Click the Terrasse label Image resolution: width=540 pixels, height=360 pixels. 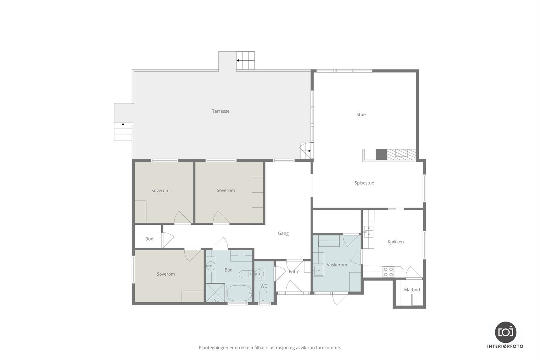[x=221, y=111]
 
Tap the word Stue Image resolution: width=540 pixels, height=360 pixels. [x=361, y=114]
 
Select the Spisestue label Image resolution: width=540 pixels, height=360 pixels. [x=364, y=183]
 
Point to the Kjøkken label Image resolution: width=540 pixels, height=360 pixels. [x=396, y=242]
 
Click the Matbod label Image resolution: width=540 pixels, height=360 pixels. [x=412, y=289]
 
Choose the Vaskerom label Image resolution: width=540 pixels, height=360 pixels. [x=337, y=265]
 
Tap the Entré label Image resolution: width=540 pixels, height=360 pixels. [x=294, y=272]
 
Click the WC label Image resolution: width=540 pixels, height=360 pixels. [x=264, y=286]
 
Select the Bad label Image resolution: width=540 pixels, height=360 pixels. [x=228, y=270]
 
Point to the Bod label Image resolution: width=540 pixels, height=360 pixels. [x=149, y=239]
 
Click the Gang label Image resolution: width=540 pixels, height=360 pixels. [x=283, y=233]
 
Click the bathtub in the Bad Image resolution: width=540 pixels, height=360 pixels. [x=239, y=293]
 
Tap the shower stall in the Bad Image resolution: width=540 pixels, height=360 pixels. [x=215, y=293]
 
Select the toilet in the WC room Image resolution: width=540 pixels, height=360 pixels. [x=263, y=295]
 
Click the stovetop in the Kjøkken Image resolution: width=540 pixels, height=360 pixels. [x=388, y=272]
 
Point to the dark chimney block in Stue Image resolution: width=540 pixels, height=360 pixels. [x=381, y=155]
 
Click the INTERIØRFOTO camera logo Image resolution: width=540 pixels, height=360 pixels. [x=506, y=332]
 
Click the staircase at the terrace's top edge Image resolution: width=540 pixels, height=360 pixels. [x=245, y=60]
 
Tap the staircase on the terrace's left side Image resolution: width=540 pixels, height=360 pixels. [x=123, y=132]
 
